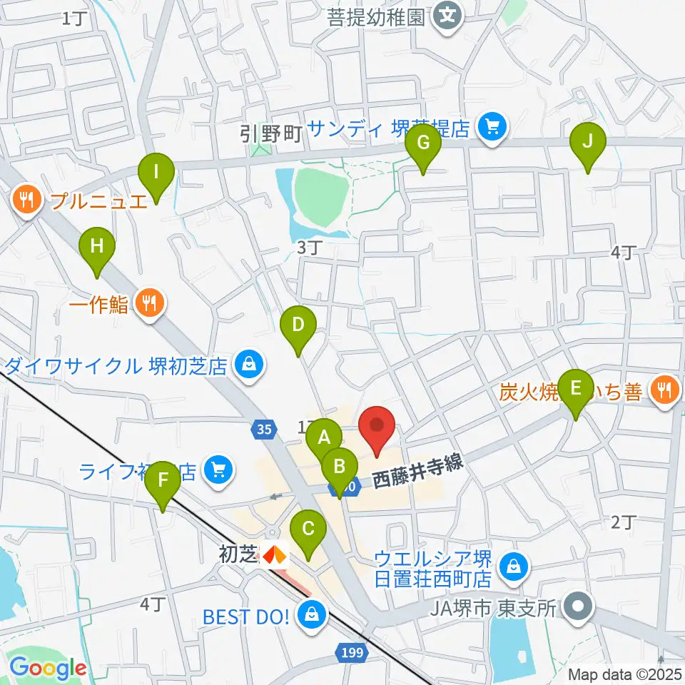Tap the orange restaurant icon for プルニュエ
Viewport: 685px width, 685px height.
[x=27, y=200]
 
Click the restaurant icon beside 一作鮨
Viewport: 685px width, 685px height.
[x=149, y=305]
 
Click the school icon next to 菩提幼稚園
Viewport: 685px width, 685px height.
[x=447, y=13]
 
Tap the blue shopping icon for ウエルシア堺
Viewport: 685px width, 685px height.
[x=512, y=567]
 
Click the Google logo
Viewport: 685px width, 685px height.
[x=48, y=669]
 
